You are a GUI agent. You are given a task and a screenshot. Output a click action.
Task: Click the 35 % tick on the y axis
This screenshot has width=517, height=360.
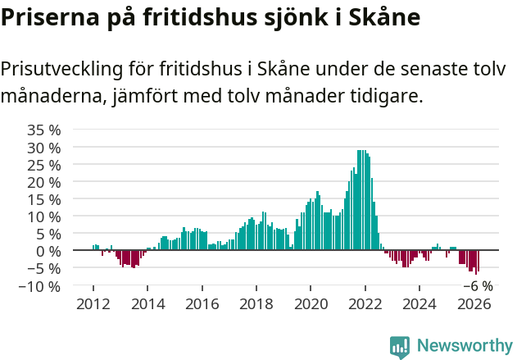tap(44, 130)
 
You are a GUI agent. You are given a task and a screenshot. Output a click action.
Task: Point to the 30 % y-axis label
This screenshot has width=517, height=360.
tap(44, 148)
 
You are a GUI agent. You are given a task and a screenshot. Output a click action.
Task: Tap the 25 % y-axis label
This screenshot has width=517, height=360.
tap(44, 165)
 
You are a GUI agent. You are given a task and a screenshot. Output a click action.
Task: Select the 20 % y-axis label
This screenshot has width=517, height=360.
tap(44, 182)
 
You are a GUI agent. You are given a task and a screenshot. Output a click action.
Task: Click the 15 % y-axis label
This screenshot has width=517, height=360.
tap(44, 199)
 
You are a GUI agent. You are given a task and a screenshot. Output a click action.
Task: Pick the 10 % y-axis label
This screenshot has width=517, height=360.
tap(44, 216)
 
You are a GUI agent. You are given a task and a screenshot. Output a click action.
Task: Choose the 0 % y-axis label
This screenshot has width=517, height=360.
tap(48, 251)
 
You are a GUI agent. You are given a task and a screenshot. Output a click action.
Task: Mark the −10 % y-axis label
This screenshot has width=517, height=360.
tap(41, 286)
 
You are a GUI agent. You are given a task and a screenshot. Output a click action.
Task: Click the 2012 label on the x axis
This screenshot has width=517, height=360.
tap(93, 303)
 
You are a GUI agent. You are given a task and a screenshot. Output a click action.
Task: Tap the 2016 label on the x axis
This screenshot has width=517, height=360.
tap(202, 303)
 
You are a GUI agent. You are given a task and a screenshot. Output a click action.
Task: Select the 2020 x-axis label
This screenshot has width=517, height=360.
tap(311, 303)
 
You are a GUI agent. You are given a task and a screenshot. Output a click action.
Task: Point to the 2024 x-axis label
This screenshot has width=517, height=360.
tap(419, 303)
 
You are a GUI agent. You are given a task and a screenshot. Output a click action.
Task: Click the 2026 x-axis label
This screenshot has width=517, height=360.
tap(474, 303)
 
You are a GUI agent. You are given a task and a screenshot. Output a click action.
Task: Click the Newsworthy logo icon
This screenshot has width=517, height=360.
tap(400, 347)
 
